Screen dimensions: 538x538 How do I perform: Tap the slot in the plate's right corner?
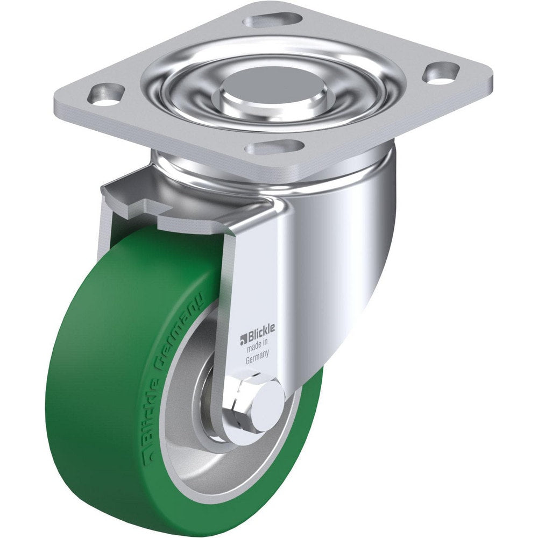(x=441, y=73)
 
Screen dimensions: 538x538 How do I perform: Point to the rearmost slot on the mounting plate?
(x=272, y=20)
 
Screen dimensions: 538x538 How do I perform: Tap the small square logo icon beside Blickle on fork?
(x=243, y=339)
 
